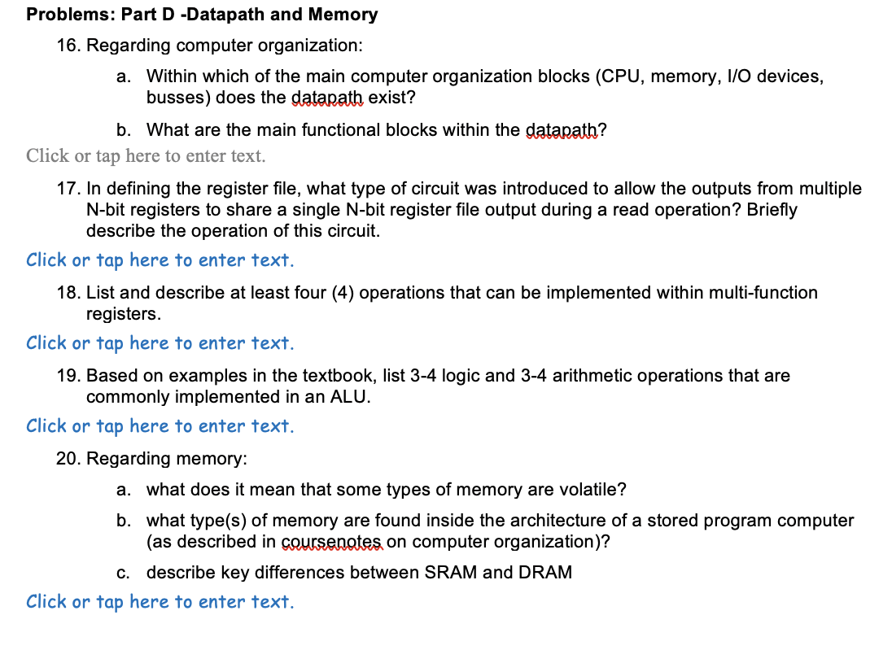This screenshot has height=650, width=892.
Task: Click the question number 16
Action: (x=68, y=46)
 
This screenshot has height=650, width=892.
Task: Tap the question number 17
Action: (x=68, y=190)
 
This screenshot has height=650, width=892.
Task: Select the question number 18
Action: (x=68, y=293)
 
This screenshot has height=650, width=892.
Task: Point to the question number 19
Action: (x=68, y=376)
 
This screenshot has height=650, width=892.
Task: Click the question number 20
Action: (x=68, y=459)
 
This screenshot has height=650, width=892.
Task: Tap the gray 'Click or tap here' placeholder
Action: (x=146, y=155)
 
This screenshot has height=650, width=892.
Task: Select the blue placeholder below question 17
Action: (x=160, y=260)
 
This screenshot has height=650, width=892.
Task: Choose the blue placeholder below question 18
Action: (x=160, y=343)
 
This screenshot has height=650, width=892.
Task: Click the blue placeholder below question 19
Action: (x=160, y=426)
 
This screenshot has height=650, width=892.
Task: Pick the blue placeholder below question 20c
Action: (x=160, y=602)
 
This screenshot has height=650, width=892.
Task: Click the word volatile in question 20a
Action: (x=590, y=490)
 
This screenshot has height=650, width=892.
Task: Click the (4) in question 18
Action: (x=342, y=293)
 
